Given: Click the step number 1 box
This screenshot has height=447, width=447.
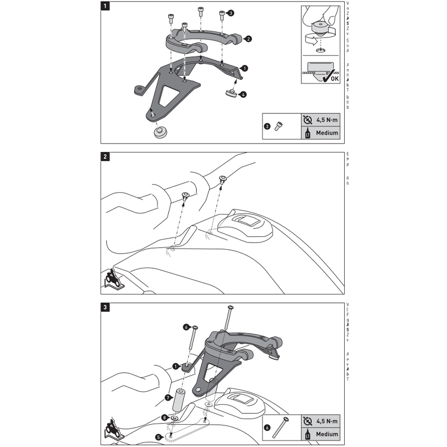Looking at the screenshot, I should (x=106, y=7).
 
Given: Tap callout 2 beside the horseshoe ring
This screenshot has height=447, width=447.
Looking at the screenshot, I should (x=248, y=39).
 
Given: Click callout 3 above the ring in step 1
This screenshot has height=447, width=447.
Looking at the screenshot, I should (x=231, y=12).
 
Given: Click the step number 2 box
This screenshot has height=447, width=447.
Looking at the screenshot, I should (x=106, y=156).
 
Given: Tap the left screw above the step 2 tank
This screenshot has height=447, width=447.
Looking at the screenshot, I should (x=186, y=197).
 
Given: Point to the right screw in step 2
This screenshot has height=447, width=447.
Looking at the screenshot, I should (x=222, y=180).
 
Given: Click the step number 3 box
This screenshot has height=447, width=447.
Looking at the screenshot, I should (x=106, y=306).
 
